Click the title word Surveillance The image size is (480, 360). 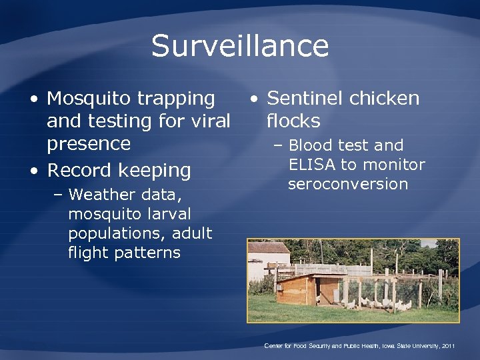pyautogui.click(x=240, y=46)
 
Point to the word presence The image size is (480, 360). pyautogui.click(x=89, y=144)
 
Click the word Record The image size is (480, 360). pyautogui.click(x=79, y=170)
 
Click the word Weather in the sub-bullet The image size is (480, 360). pyautogui.click(x=99, y=195)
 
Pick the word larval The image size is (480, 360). pyautogui.click(x=163, y=214)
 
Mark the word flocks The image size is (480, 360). pyautogui.click(x=293, y=121)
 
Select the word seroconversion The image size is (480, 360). pyautogui.click(x=347, y=184)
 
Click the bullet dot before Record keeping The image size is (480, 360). pyautogui.click(x=34, y=171)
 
